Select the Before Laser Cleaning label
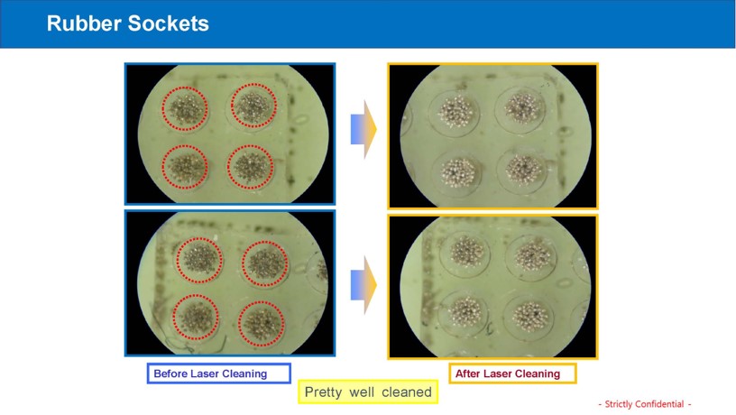click(x=219, y=373)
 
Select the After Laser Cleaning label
click(x=512, y=373)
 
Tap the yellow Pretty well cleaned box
click(x=368, y=392)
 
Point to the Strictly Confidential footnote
click(x=645, y=404)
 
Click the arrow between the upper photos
click(x=363, y=129)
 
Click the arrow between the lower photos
click(x=363, y=285)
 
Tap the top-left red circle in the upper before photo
click(x=162, y=109)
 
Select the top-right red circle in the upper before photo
click(x=231, y=106)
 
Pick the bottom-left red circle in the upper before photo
click(x=162, y=167)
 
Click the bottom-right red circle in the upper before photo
click(x=228, y=167)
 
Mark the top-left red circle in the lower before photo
click(x=177, y=260)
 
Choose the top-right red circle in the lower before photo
click(x=243, y=263)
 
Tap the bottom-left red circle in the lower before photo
click(x=173, y=318)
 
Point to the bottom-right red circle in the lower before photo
click(x=239, y=324)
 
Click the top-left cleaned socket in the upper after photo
click(x=455, y=113)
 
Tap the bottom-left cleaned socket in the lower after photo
click(x=465, y=312)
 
